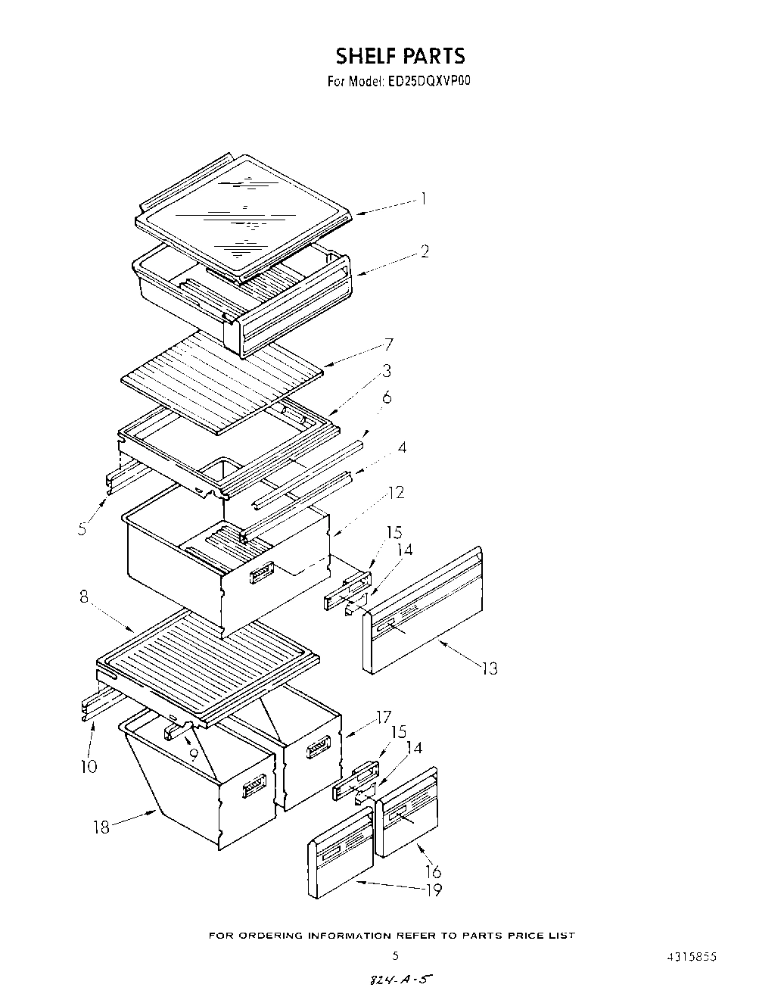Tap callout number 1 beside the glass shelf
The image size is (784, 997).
(x=424, y=199)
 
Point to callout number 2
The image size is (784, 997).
(x=425, y=251)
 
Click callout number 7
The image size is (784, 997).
(x=388, y=345)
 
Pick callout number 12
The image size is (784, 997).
(x=397, y=493)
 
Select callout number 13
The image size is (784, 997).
(x=490, y=668)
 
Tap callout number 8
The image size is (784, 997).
(x=85, y=597)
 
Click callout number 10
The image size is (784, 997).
(x=89, y=766)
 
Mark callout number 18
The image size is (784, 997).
(x=101, y=827)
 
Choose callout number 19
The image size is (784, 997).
(x=434, y=890)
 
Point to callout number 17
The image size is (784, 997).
(x=384, y=716)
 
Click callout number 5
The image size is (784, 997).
(x=82, y=528)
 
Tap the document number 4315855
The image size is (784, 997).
(x=688, y=956)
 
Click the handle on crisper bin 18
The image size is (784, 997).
(x=254, y=789)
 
